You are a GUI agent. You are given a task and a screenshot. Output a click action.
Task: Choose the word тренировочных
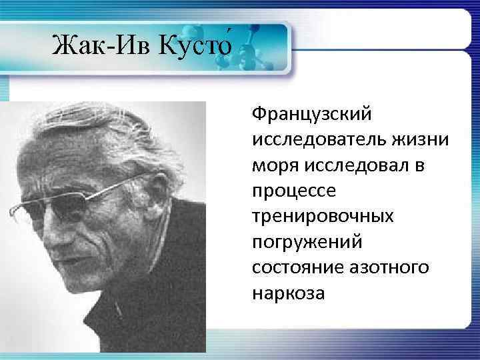pyautogui.click(x=322, y=217)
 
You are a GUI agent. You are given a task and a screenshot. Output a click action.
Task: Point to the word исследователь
pyautogui.click(x=321, y=140)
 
